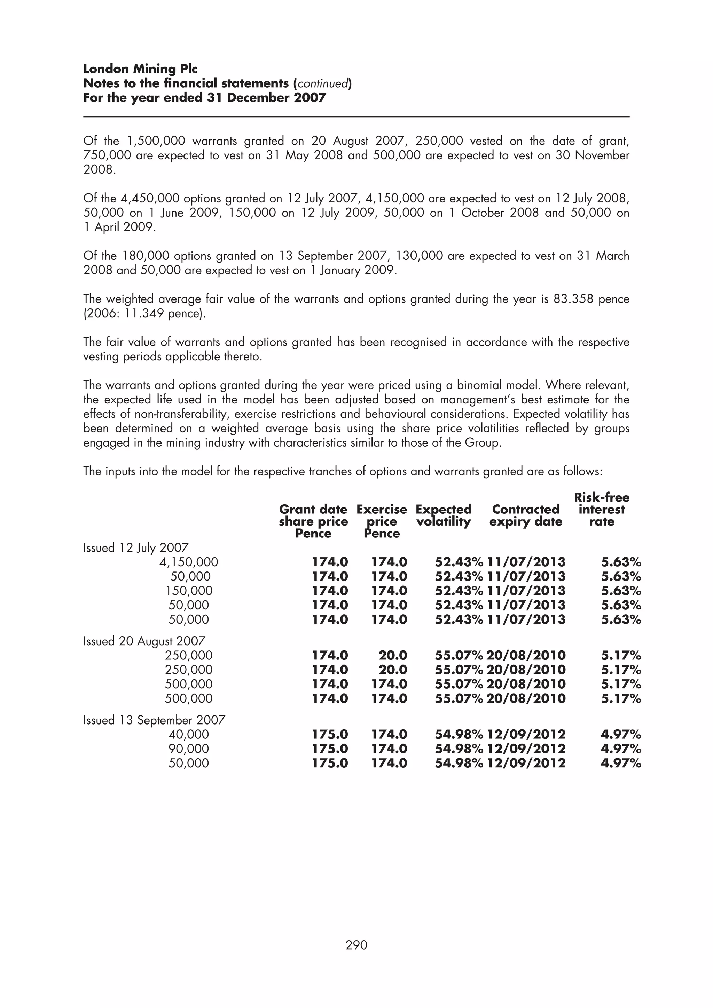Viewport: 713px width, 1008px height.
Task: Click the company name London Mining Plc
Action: pyautogui.click(x=140, y=69)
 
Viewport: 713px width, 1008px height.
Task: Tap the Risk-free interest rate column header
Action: pyautogui.click(x=601, y=509)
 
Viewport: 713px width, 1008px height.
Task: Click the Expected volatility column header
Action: pyautogui.click(x=443, y=515)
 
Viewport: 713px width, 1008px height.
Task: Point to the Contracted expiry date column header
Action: pyautogui.click(x=525, y=515)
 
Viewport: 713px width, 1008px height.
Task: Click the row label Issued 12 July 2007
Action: pyautogui.click(x=136, y=547)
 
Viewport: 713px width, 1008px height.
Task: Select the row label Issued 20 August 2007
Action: pyautogui.click(x=144, y=641)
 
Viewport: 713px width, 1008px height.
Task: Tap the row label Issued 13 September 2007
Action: pyautogui.click(x=154, y=720)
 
